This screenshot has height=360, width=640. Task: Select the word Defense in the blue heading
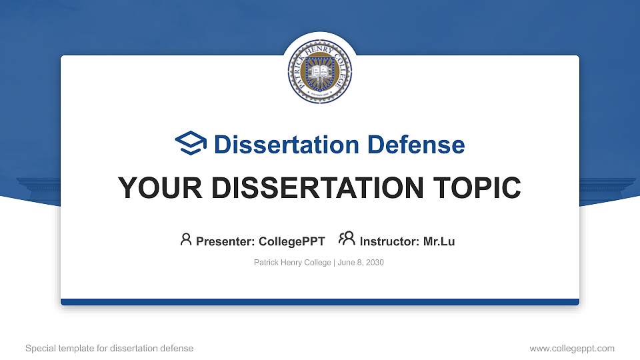[x=416, y=145]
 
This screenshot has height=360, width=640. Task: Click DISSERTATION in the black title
[x=307, y=188]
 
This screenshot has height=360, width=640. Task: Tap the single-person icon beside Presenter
[x=186, y=239]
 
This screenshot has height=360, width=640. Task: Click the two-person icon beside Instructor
[x=347, y=239]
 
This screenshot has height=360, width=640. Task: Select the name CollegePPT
[x=291, y=241]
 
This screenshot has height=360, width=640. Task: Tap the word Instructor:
[x=390, y=241]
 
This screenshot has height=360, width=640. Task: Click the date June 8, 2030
[x=361, y=263]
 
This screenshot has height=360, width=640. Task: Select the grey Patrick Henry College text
[x=292, y=263]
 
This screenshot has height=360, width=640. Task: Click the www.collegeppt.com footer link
[x=571, y=348]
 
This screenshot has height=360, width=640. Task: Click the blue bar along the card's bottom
[x=320, y=302]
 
